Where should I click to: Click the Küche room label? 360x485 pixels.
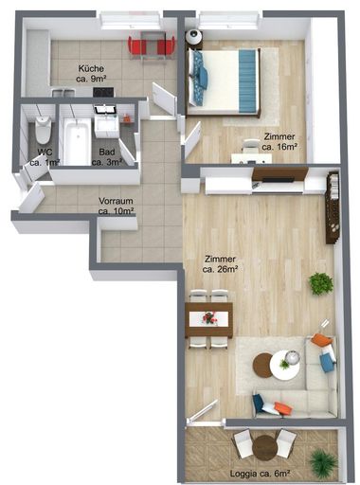91,68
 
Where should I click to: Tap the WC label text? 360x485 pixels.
44,152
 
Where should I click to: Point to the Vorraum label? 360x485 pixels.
116,200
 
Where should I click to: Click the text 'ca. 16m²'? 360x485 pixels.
280,147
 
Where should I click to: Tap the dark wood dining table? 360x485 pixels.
209,318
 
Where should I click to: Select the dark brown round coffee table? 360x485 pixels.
262,364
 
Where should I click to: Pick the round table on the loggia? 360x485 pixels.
264,444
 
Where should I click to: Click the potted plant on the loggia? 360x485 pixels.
324,461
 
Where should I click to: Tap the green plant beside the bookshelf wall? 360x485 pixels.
321,282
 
